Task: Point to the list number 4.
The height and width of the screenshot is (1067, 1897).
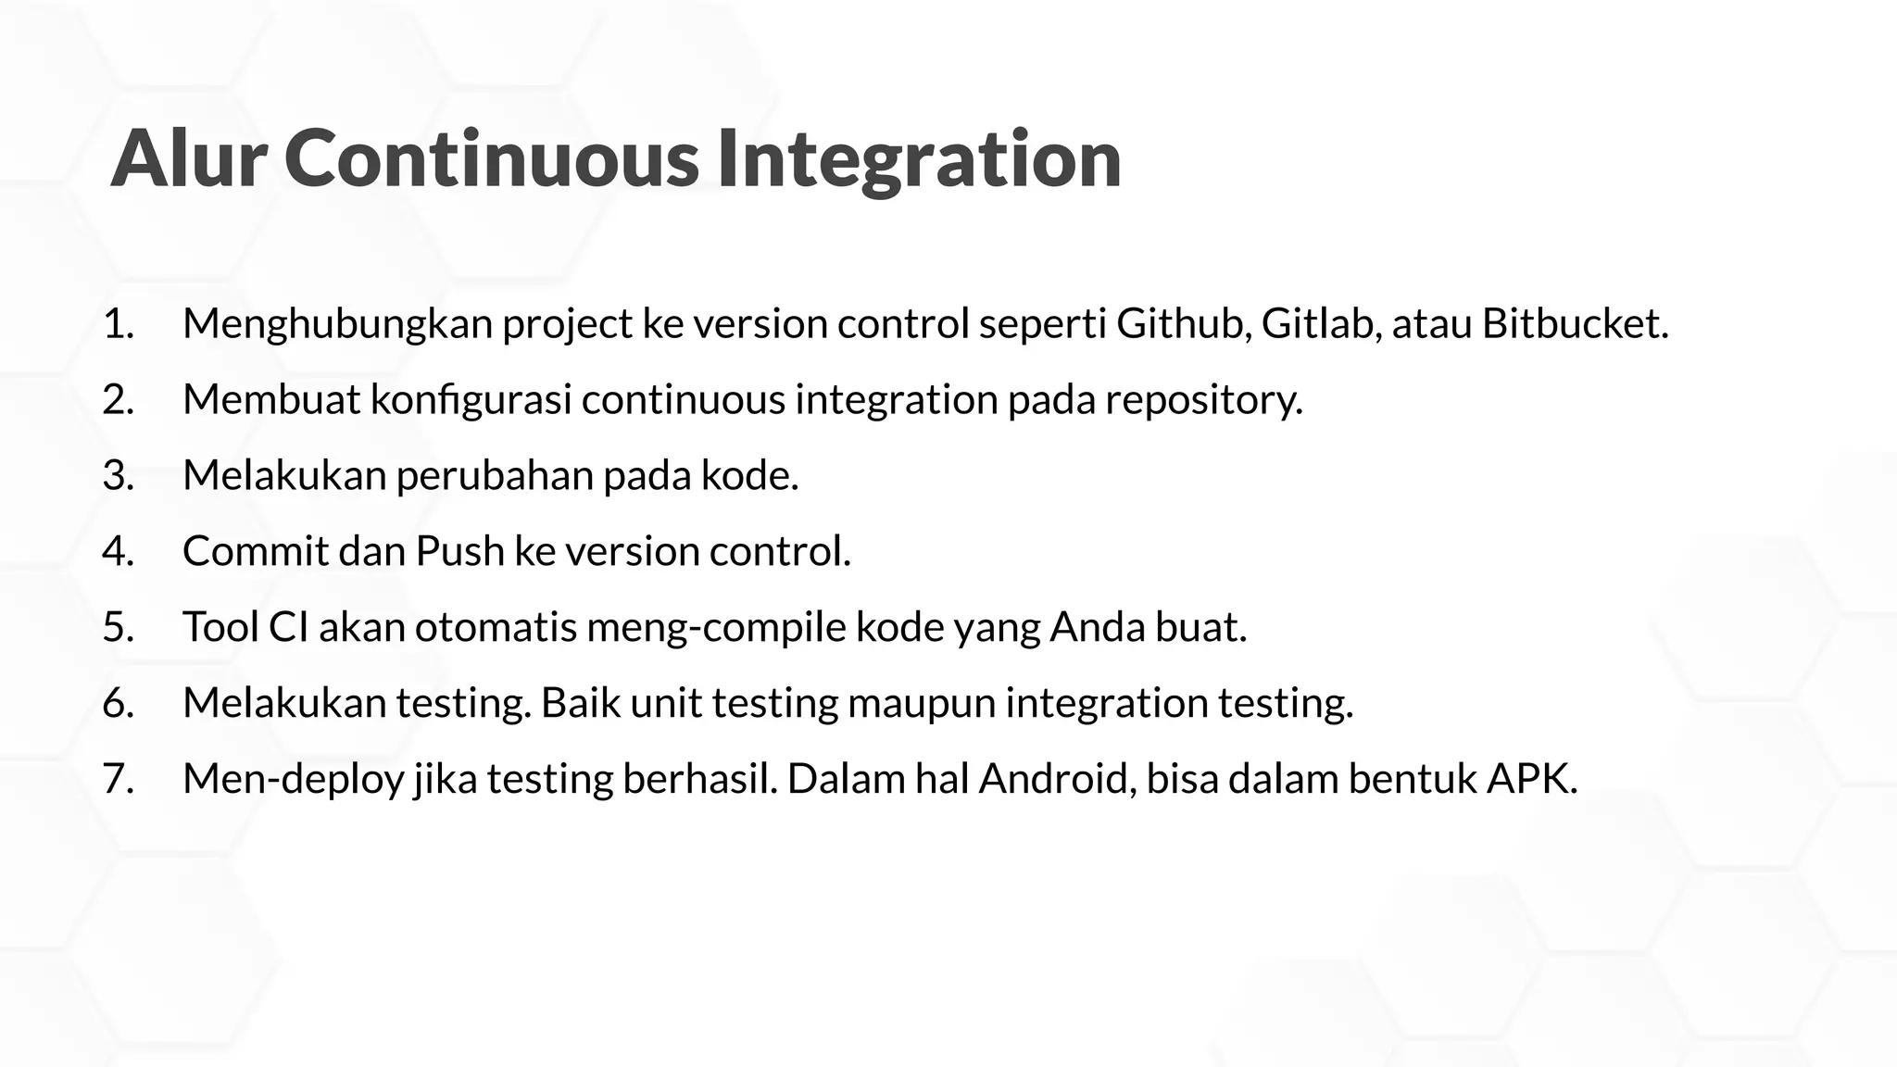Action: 118,551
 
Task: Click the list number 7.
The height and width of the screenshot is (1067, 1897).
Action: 118,779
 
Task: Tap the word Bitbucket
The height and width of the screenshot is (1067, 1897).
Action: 1574,324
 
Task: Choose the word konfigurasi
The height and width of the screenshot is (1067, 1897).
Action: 471,400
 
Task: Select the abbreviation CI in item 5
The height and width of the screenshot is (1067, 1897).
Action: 288,627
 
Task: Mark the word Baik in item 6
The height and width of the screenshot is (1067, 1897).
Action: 580,703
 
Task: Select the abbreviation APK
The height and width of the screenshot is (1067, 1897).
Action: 1530,779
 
